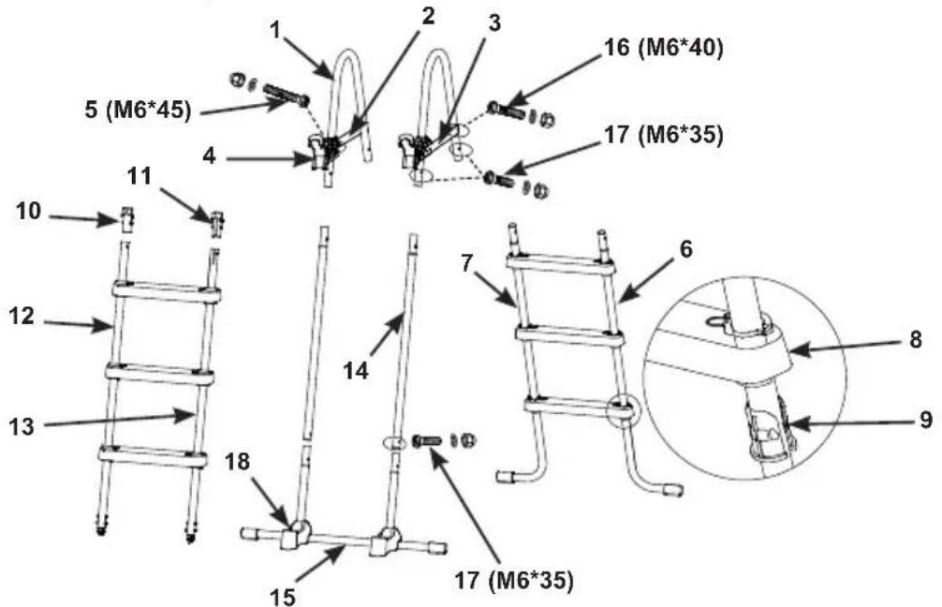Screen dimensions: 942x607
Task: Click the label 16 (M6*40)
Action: pyautogui.click(x=663, y=49)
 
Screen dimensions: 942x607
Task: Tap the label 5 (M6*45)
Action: pyautogui.click(x=138, y=111)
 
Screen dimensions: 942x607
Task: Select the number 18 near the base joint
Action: pyautogui.click(x=239, y=462)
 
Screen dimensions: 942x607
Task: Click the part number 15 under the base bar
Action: pyautogui.click(x=283, y=597)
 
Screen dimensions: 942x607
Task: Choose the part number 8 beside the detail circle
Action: pyautogui.click(x=916, y=339)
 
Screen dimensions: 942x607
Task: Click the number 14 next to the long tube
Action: pyautogui.click(x=356, y=371)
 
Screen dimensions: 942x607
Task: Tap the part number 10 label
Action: pyautogui.click(x=29, y=212)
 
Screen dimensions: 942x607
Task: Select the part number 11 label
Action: pyautogui.click(x=140, y=177)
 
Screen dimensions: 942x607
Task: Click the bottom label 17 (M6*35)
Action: pyautogui.click(x=514, y=580)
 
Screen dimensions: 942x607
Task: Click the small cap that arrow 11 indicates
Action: pyautogui.click(x=217, y=224)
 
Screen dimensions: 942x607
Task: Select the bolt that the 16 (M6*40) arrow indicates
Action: pyautogui.click(x=506, y=111)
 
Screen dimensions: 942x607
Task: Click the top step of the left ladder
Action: pyautogui.click(x=167, y=291)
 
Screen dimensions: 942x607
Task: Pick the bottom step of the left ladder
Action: pyautogui.click(x=153, y=455)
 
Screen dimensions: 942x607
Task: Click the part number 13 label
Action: pyautogui.click(x=22, y=427)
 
